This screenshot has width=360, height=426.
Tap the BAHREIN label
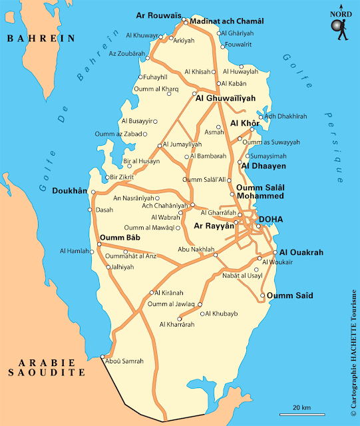41,39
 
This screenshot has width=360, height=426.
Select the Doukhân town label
69,191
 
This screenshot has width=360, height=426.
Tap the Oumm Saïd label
289,296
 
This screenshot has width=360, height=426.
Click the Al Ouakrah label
301,253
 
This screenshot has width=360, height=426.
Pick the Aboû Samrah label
124,361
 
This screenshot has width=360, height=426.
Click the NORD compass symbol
341,25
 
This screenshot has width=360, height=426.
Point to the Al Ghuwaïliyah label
226,98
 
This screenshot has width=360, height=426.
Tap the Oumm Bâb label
117,238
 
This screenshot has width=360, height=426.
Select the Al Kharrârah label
177,325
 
